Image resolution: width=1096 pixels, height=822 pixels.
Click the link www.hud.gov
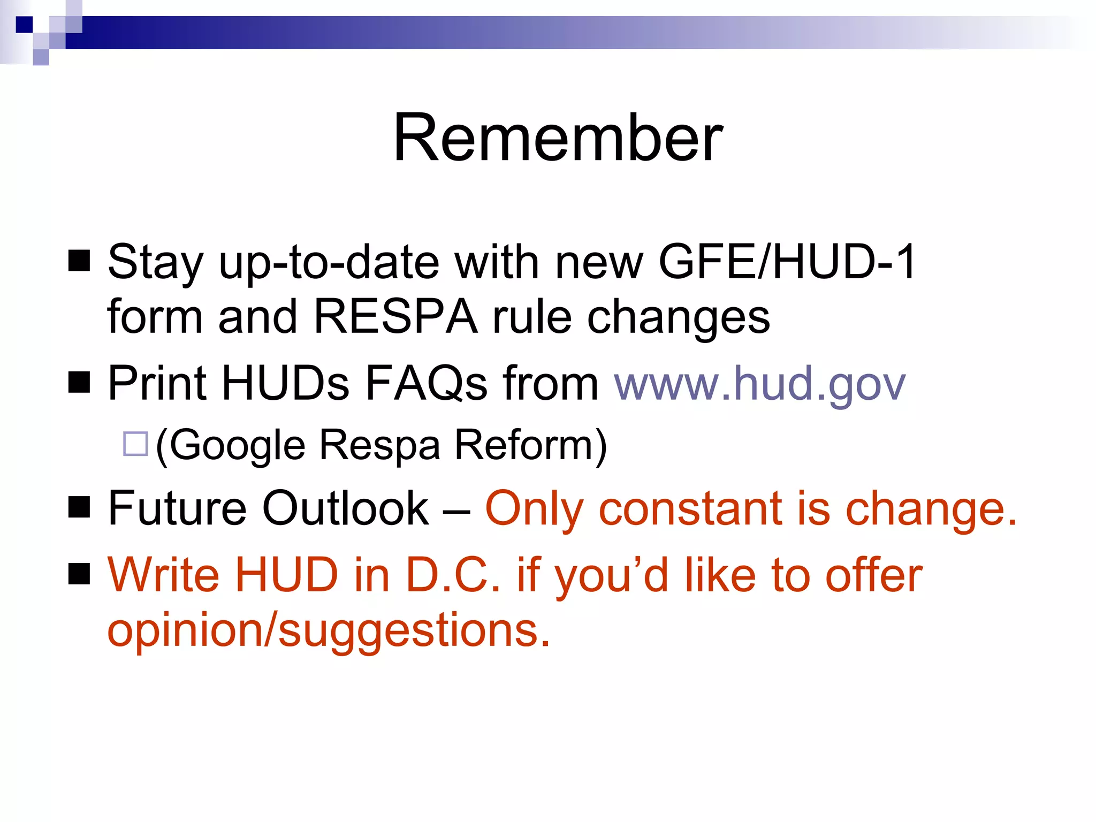pos(759,383)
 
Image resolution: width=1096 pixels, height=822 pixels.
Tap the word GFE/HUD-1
pos(787,262)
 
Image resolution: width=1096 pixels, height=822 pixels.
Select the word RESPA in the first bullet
pos(395,317)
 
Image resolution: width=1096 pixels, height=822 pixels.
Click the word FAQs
pos(426,383)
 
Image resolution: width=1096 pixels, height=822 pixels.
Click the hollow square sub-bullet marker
pos(135,444)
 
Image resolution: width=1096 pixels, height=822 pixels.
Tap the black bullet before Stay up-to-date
pos(79,261)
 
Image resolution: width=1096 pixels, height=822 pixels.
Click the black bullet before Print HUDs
pos(79,382)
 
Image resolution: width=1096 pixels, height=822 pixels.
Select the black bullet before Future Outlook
pos(79,507)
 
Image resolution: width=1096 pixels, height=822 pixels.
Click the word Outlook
pos(345,508)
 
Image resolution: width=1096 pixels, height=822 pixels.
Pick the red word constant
pos(691,508)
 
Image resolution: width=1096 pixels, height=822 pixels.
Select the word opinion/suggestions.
pos(328,630)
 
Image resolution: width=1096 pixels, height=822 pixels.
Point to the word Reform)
pos(530,445)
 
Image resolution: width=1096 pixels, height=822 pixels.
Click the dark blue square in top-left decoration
pos(24,25)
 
